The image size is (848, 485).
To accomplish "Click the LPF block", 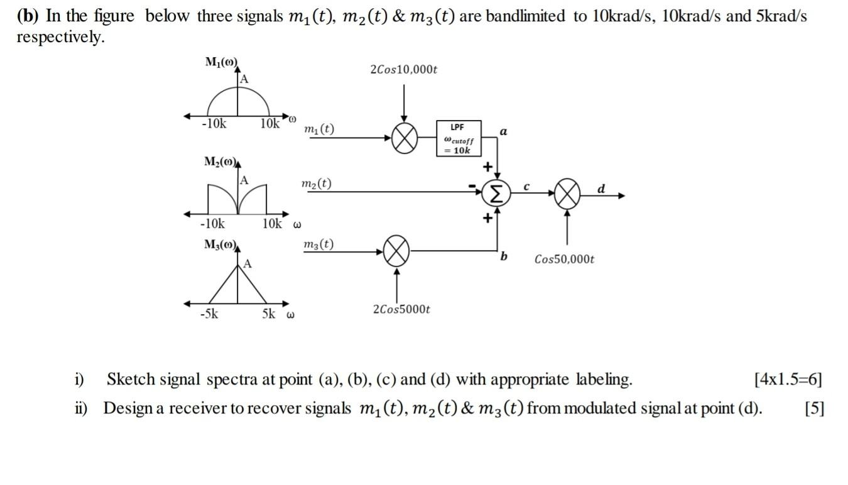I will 459,138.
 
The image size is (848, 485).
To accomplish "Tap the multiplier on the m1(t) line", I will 405,138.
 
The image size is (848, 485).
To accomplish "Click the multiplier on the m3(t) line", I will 396,251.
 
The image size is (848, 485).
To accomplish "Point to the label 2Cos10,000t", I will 403,69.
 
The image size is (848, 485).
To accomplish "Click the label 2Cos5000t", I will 401,309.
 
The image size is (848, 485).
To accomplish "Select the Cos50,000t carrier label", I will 564,259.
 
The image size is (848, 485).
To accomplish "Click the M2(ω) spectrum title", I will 220,162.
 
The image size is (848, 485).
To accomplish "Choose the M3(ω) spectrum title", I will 220,244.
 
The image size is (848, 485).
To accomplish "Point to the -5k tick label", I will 209,313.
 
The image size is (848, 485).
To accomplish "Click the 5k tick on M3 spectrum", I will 269,313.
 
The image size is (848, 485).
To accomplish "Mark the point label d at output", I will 601,188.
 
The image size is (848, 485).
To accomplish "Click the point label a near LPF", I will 503,131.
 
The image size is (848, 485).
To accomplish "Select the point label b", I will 504,256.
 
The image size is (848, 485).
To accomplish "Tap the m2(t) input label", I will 317,183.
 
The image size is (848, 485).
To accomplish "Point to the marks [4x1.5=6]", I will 788,379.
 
